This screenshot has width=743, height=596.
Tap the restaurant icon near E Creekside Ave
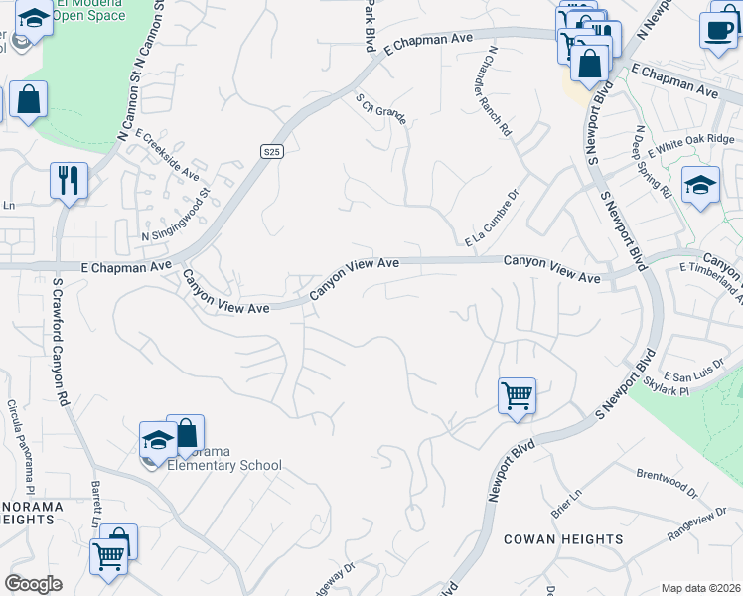pyautogui.click(x=69, y=180)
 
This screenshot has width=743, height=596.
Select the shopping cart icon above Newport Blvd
pyautogui.click(x=517, y=395)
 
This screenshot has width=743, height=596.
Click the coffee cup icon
pyautogui.click(x=717, y=29)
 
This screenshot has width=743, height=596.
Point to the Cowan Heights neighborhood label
pyautogui.click(x=563, y=539)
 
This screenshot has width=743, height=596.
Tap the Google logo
pyautogui.click(x=34, y=584)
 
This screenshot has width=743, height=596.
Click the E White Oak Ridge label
pyautogui.click(x=691, y=145)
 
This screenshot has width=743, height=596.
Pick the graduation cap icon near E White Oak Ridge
pyautogui.click(x=700, y=184)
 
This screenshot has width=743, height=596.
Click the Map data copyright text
pyautogui.click(x=701, y=588)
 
